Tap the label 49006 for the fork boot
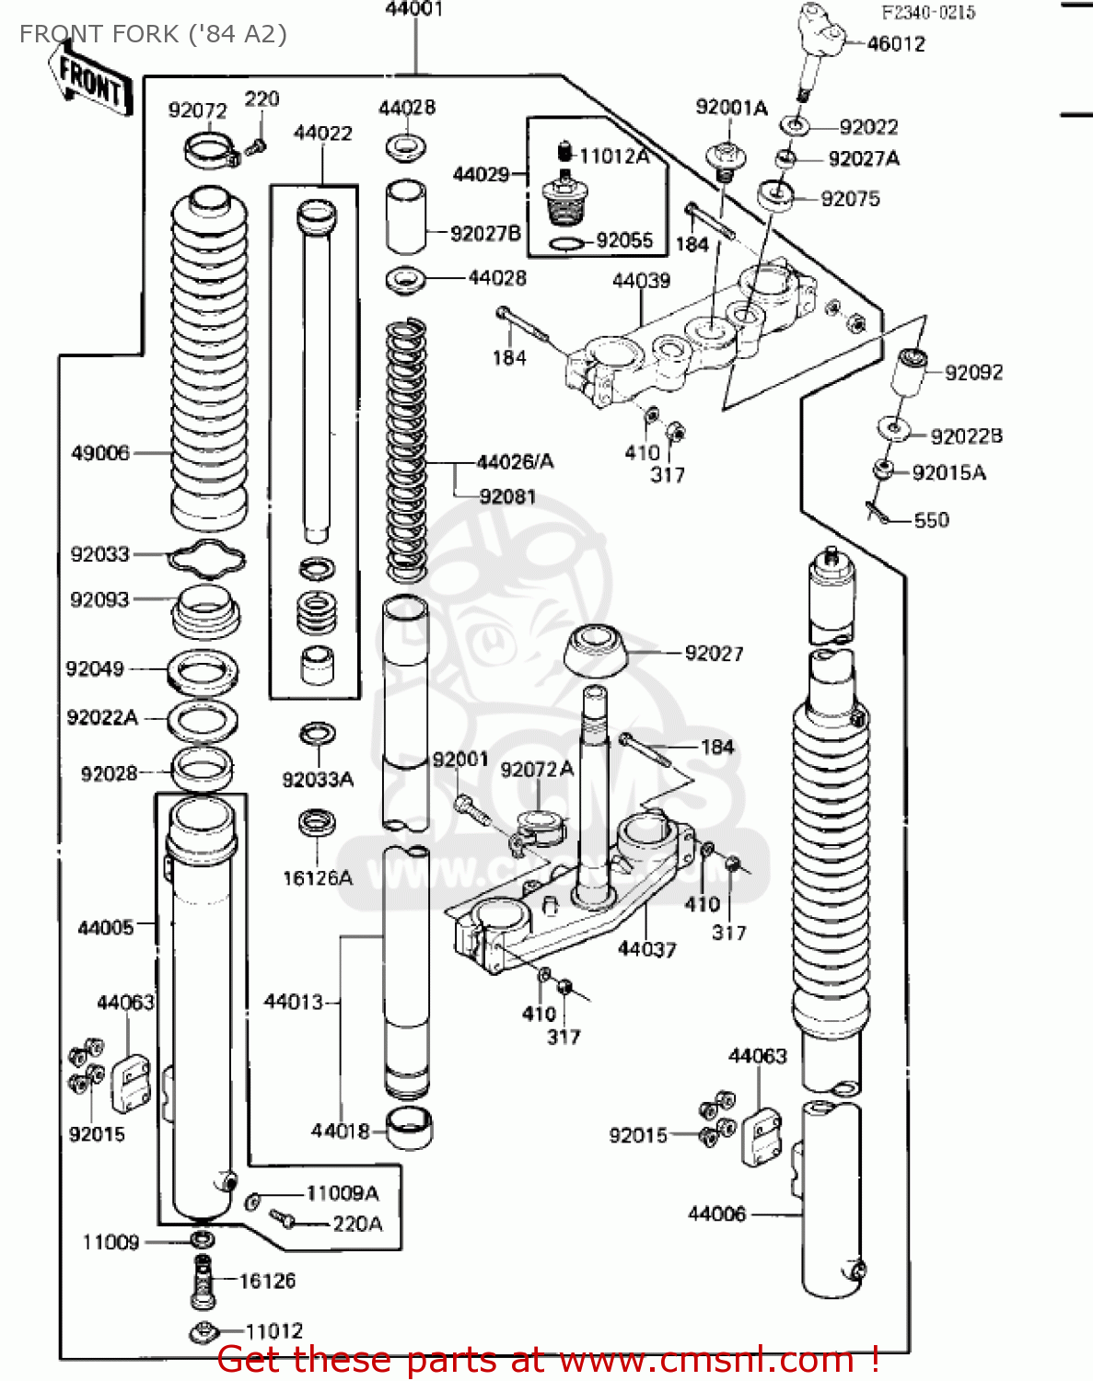[x=100, y=453]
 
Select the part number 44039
[x=641, y=281]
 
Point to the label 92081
[x=507, y=497]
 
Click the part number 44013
[x=293, y=1002]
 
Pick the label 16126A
[x=317, y=878]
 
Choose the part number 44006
[x=716, y=1214]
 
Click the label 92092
[x=973, y=373]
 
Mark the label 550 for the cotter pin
[x=931, y=520]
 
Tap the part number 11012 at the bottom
[x=274, y=1331]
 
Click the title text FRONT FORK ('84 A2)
[x=153, y=34]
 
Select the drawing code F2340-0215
[x=928, y=13]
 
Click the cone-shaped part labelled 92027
[x=596, y=649]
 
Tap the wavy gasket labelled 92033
[x=206, y=558]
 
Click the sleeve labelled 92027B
[x=405, y=217]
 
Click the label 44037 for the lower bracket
[x=646, y=949]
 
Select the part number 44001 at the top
[x=414, y=10]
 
